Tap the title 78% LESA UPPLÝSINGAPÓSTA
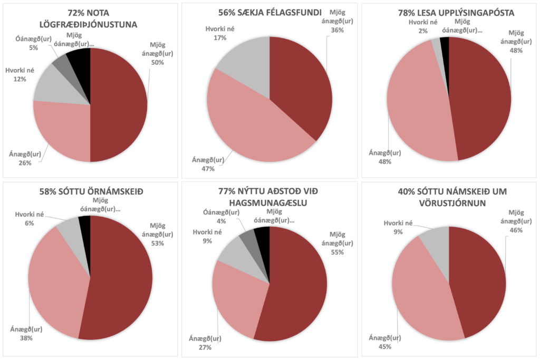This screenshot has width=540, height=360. click(x=449, y=12)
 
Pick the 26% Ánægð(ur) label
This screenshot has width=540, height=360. click(x=24, y=159)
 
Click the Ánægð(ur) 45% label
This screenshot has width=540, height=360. click(x=382, y=342)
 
